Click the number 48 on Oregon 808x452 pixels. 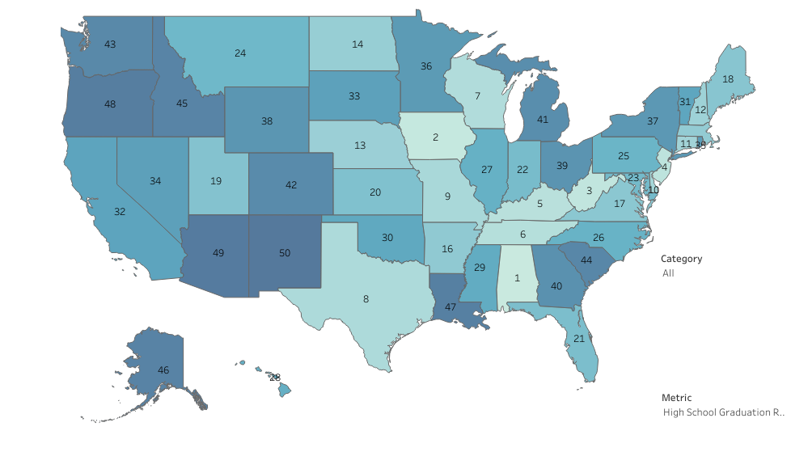click(110, 103)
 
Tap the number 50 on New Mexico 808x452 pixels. click(284, 253)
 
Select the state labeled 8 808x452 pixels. click(366, 298)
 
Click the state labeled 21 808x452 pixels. click(579, 338)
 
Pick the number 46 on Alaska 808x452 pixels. click(163, 370)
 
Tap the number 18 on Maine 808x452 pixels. click(728, 78)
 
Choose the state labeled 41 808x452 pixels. click(542, 119)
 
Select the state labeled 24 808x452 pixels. click(240, 53)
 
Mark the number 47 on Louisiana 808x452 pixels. click(451, 307)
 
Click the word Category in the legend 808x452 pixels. click(681, 259)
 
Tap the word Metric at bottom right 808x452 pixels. click(676, 398)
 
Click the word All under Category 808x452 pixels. click(668, 273)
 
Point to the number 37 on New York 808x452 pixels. click(653, 120)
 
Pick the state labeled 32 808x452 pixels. click(120, 211)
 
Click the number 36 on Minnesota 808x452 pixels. click(425, 66)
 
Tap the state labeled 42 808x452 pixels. click(291, 184)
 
